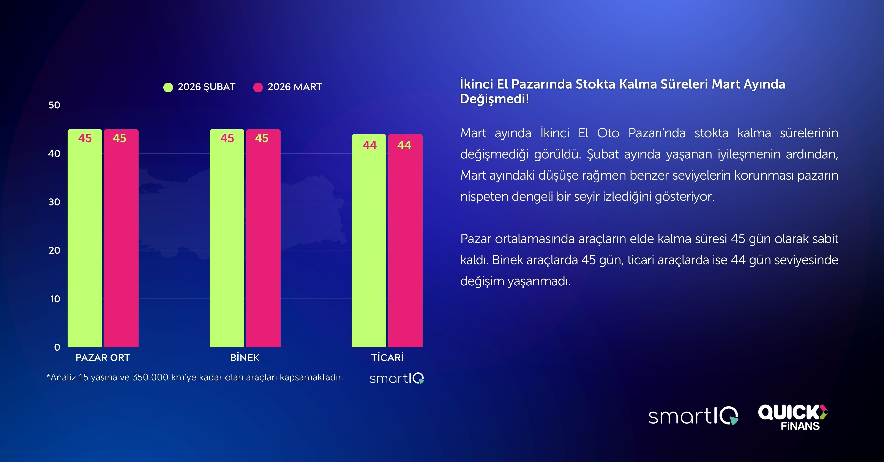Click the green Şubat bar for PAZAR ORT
pyautogui.click(x=85, y=240)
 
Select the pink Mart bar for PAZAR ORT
pyautogui.click(x=121, y=240)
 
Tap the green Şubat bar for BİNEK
pyautogui.click(x=227, y=240)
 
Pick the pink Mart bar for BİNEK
pyautogui.click(x=263, y=240)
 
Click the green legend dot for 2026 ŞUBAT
pyautogui.click(x=168, y=87)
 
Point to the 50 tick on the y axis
pyautogui.click(x=54, y=105)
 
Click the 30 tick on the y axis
pyautogui.click(x=54, y=202)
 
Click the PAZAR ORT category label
pyautogui.click(x=103, y=358)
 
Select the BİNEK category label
pyautogui.click(x=245, y=358)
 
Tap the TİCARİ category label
pyautogui.click(x=387, y=358)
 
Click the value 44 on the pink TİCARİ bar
pyautogui.click(x=404, y=145)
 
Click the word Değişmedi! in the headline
pyautogui.click(x=494, y=99)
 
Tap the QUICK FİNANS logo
pyautogui.click(x=793, y=417)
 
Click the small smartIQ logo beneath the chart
pyautogui.click(x=397, y=378)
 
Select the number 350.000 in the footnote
pyautogui.click(x=150, y=377)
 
